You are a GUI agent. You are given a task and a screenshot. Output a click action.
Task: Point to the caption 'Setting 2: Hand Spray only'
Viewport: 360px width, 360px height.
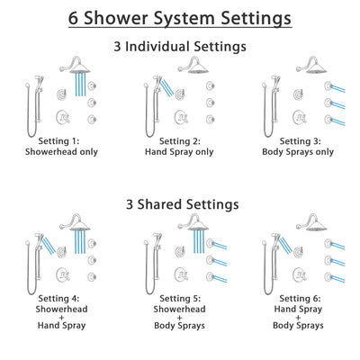tap(179, 147)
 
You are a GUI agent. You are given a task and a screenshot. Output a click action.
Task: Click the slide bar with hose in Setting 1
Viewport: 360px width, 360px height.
tap(40, 103)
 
